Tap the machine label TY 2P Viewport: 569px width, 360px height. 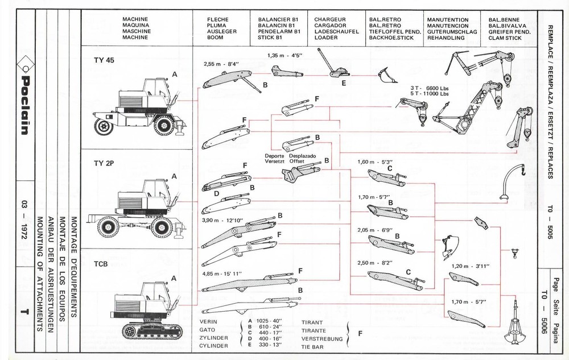click(104, 163)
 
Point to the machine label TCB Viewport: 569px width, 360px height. click(102, 264)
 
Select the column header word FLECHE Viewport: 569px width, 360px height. click(218, 19)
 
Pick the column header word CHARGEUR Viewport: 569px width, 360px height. click(330, 19)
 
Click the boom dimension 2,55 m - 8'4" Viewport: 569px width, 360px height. click(221, 64)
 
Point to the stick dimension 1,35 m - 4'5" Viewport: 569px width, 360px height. click(284, 56)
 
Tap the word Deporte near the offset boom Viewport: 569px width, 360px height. click(276, 155)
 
